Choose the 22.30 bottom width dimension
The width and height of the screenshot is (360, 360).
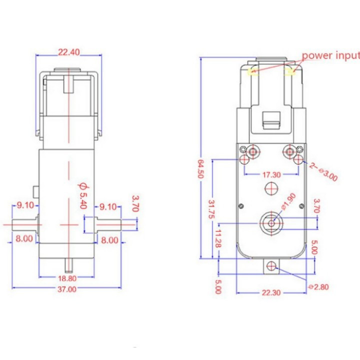(x=271, y=292)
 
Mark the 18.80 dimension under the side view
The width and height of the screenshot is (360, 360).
(x=67, y=279)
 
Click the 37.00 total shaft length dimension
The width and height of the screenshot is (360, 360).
(x=67, y=289)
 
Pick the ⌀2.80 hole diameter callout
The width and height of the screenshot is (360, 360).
(x=318, y=286)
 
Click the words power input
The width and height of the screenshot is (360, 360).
(x=330, y=55)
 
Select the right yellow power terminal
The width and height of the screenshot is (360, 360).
(x=290, y=72)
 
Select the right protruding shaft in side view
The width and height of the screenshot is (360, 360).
(x=109, y=224)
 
